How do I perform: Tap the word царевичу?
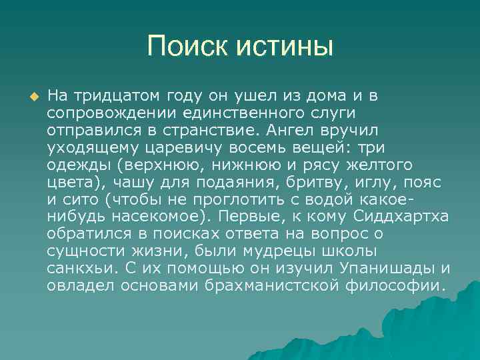(173, 147)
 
